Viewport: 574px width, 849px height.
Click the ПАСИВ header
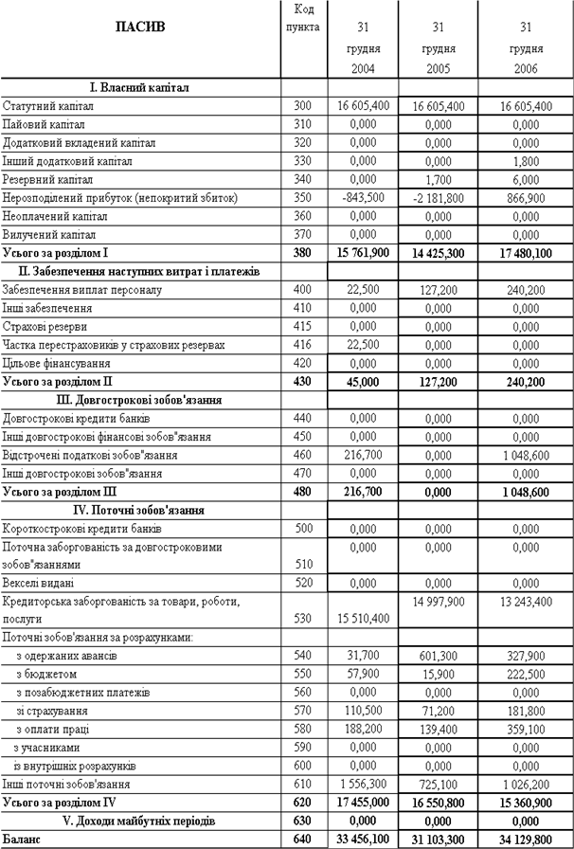tap(139, 26)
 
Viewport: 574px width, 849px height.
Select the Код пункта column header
tap(304, 18)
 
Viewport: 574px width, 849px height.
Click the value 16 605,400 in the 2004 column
tap(363, 107)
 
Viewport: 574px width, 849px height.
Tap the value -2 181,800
tap(438, 198)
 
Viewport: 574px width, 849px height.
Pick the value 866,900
tap(517, 198)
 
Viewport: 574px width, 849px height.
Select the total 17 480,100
tap(517, 253)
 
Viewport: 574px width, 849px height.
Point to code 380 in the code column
tap(304, 253)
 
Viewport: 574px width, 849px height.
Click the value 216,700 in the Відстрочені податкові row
tap(363, 455)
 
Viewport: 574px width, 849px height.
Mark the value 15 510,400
tap(363, 618)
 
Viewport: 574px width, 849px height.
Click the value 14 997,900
tap(438, 601)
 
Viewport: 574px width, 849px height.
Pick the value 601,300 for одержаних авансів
tap(438, 655)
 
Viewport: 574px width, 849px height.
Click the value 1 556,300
tap(363, 785)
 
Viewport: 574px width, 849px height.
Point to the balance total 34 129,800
tap(517, 840)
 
